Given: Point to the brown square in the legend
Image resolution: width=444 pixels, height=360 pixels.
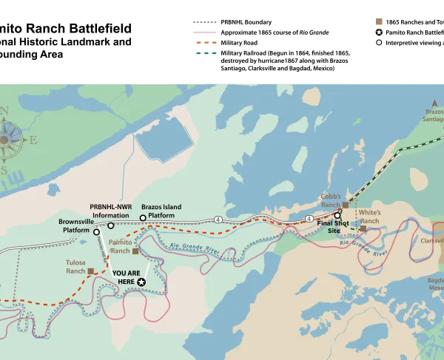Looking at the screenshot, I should pos(380,22).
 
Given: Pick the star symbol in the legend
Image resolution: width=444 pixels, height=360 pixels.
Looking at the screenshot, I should pos(380,33).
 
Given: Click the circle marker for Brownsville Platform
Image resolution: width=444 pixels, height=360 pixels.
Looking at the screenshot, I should pos(96,232).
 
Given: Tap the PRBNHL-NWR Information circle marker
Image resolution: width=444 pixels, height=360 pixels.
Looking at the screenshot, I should pos(110,225).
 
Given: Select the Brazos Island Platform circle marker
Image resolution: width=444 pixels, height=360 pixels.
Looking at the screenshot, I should pos(144,218).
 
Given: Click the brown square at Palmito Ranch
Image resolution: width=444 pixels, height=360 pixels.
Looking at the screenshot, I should pos(135,251).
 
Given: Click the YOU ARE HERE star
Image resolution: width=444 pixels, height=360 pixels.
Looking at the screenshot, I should pos(141,282).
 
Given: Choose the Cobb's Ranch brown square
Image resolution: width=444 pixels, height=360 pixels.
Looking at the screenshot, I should pos(345,205).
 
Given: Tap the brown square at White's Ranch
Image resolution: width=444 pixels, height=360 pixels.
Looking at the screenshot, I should pos(363,228).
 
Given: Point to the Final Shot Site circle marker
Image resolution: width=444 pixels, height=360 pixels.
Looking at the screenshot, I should pos(337,216).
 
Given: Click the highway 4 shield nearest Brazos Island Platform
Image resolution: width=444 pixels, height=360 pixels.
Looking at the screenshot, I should pos(218,220).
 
